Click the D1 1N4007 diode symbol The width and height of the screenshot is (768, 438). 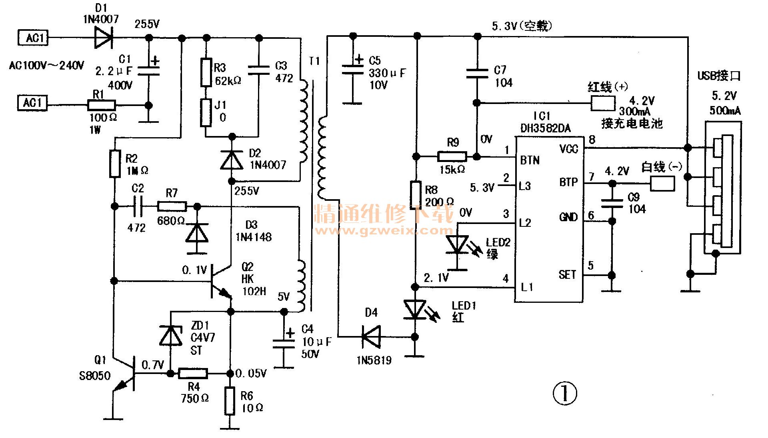coord(103,38)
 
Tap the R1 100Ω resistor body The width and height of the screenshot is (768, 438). coord(102,105)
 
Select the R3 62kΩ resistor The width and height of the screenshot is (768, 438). coord(206,72)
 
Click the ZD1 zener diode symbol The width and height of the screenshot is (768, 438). coord(171,336)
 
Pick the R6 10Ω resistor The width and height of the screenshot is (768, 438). coord(230,401)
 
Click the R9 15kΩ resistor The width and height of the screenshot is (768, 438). coord(452,156)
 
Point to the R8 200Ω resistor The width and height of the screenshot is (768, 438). coord(416,195)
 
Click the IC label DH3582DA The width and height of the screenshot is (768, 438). coord(546,128)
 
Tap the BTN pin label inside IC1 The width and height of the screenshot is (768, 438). coord(530,160)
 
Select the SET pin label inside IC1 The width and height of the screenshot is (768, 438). coord(567,275)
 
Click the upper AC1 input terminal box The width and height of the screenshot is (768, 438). coord(33,38)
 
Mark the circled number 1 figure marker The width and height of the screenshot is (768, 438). coord(565,394)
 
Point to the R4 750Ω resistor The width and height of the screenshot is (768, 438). coord(193,374)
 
